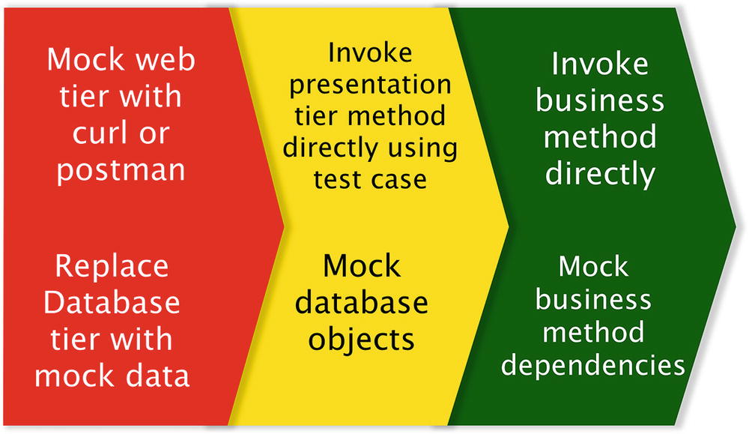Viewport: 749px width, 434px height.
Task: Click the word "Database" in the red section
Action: click(x=112, y=304)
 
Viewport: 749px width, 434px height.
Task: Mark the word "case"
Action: click(x=400, y=179)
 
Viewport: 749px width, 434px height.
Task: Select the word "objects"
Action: click(x=363, y=340)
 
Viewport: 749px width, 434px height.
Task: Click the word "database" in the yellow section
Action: click(x=363, y=304)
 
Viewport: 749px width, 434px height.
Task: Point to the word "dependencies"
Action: click(x=594, y=366)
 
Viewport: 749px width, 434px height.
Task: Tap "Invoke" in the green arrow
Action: click(x=599, y=64)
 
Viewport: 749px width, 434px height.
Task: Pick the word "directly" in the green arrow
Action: click(x=600, y=174)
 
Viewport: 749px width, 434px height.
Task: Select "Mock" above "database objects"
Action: click(x=362, y=267)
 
